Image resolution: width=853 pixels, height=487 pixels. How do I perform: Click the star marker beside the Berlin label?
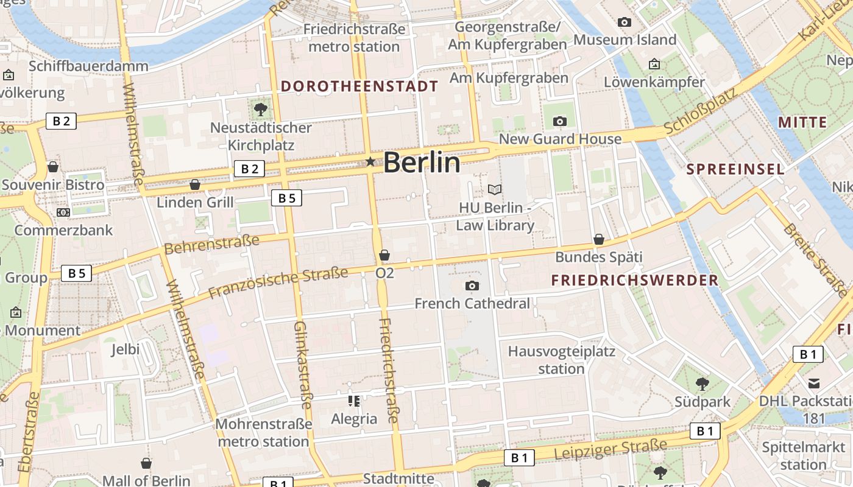pyautogui.click(x=370, y=161)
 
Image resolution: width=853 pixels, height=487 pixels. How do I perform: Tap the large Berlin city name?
pyautogui.click(x=422, y=163)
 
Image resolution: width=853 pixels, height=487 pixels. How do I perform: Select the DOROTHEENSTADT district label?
pyautogui.click(x=359, y=86)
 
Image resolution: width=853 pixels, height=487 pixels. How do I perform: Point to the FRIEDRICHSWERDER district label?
pyautogui.click(x=634, y=281)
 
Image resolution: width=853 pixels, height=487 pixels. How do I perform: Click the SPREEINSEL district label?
pyautogui.click(x=735, y=170)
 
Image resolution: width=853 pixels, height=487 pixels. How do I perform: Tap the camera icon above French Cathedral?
pyautogui.click(x=472, y=286)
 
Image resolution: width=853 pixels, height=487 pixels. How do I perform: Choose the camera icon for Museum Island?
pyautogui.click(x=625, y=23)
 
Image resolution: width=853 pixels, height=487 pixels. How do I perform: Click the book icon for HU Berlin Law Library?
pyautogui.click(x=495, y=190)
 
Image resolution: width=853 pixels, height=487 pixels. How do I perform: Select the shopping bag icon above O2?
pyautogui.click(x=384, y=255)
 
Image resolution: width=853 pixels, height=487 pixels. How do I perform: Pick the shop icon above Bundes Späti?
pyautogui.click(x=599, y=239)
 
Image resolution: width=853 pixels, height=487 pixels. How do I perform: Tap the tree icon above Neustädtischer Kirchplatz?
pyautogui.click(x=261, y=110)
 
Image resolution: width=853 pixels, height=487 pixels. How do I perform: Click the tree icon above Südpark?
pyautogui.click(x=702, y=384)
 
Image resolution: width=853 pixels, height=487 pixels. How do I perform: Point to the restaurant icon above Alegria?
pyautogui.click(x=354, y=401)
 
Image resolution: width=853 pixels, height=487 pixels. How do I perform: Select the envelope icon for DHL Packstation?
pyautogui.click(x=814, y=384)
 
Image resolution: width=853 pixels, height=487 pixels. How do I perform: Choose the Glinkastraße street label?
pyautogui.click(x=303, y=365)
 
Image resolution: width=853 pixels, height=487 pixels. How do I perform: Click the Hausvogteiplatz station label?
pyautogui.click(x=561, y=360)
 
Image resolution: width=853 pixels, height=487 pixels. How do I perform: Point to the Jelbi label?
pyautogui.click(x=126, y=349)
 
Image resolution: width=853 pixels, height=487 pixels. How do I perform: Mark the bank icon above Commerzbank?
pyautogui.click(x=63, y=212)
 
